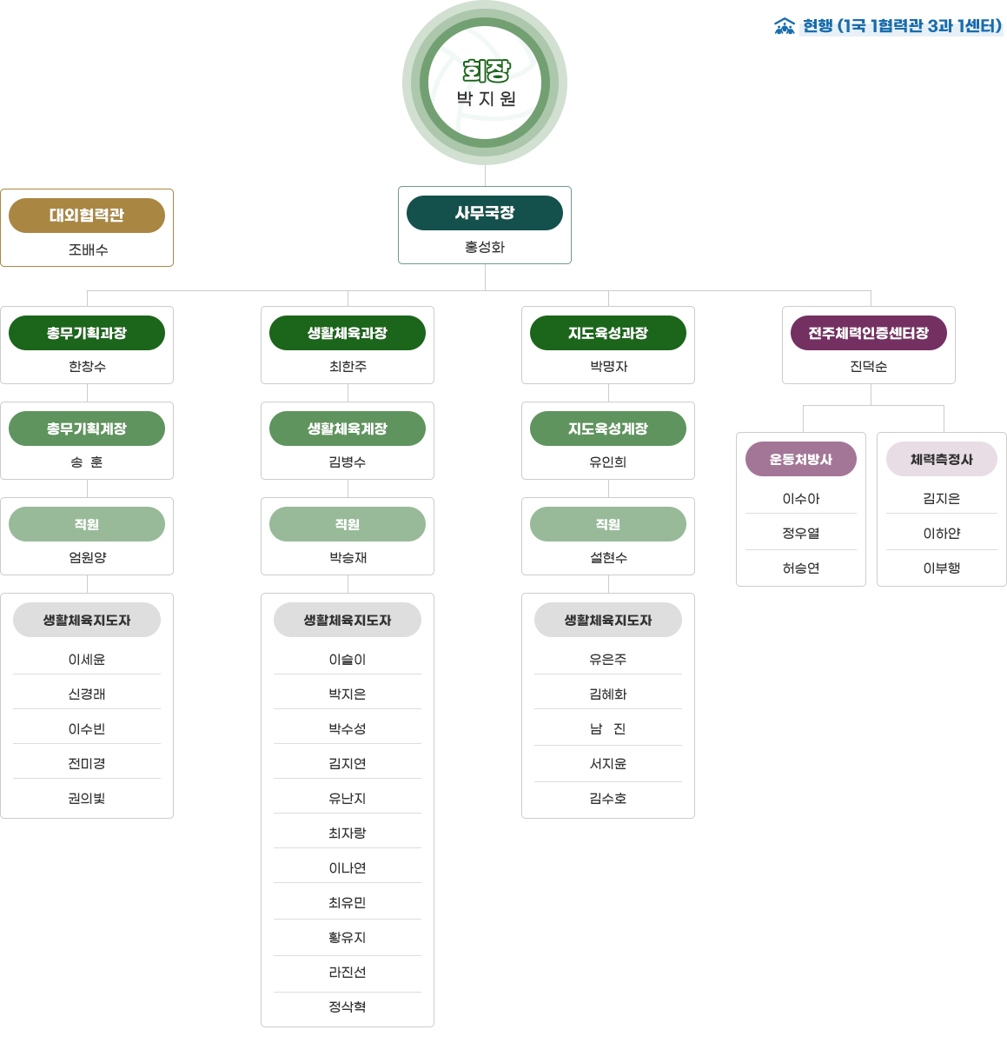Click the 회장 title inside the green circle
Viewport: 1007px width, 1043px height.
click(486, 70)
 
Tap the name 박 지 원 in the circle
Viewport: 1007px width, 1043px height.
click(486, 99)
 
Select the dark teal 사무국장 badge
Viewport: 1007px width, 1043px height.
click(485, 213)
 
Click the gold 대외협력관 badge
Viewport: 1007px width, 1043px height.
click(87, 216)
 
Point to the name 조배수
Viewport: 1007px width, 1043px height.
click(88, 249)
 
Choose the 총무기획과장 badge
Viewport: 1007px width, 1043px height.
click(87, 333)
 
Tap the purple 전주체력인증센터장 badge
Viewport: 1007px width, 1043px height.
click(868, 333)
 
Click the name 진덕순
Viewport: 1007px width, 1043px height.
click(868, 367)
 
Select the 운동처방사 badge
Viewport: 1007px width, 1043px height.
click(801, 459)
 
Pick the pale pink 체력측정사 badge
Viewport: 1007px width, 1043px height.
click(942, 459)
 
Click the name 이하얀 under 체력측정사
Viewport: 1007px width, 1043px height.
click(942, 534)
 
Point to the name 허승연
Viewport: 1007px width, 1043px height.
click(801, 568)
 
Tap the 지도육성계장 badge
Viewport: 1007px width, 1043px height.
click(608, 428)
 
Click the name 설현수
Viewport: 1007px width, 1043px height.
click(608, 558)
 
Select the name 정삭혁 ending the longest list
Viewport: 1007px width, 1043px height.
click(347, 1006)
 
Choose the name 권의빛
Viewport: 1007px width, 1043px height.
click(87, 799)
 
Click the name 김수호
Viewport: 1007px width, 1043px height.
click(608, 799)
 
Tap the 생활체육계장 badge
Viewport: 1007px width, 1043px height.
click(347, 428)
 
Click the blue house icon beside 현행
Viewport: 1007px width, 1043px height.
click(785, 26)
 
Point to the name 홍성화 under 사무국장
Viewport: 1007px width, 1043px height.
click(485, 247)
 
